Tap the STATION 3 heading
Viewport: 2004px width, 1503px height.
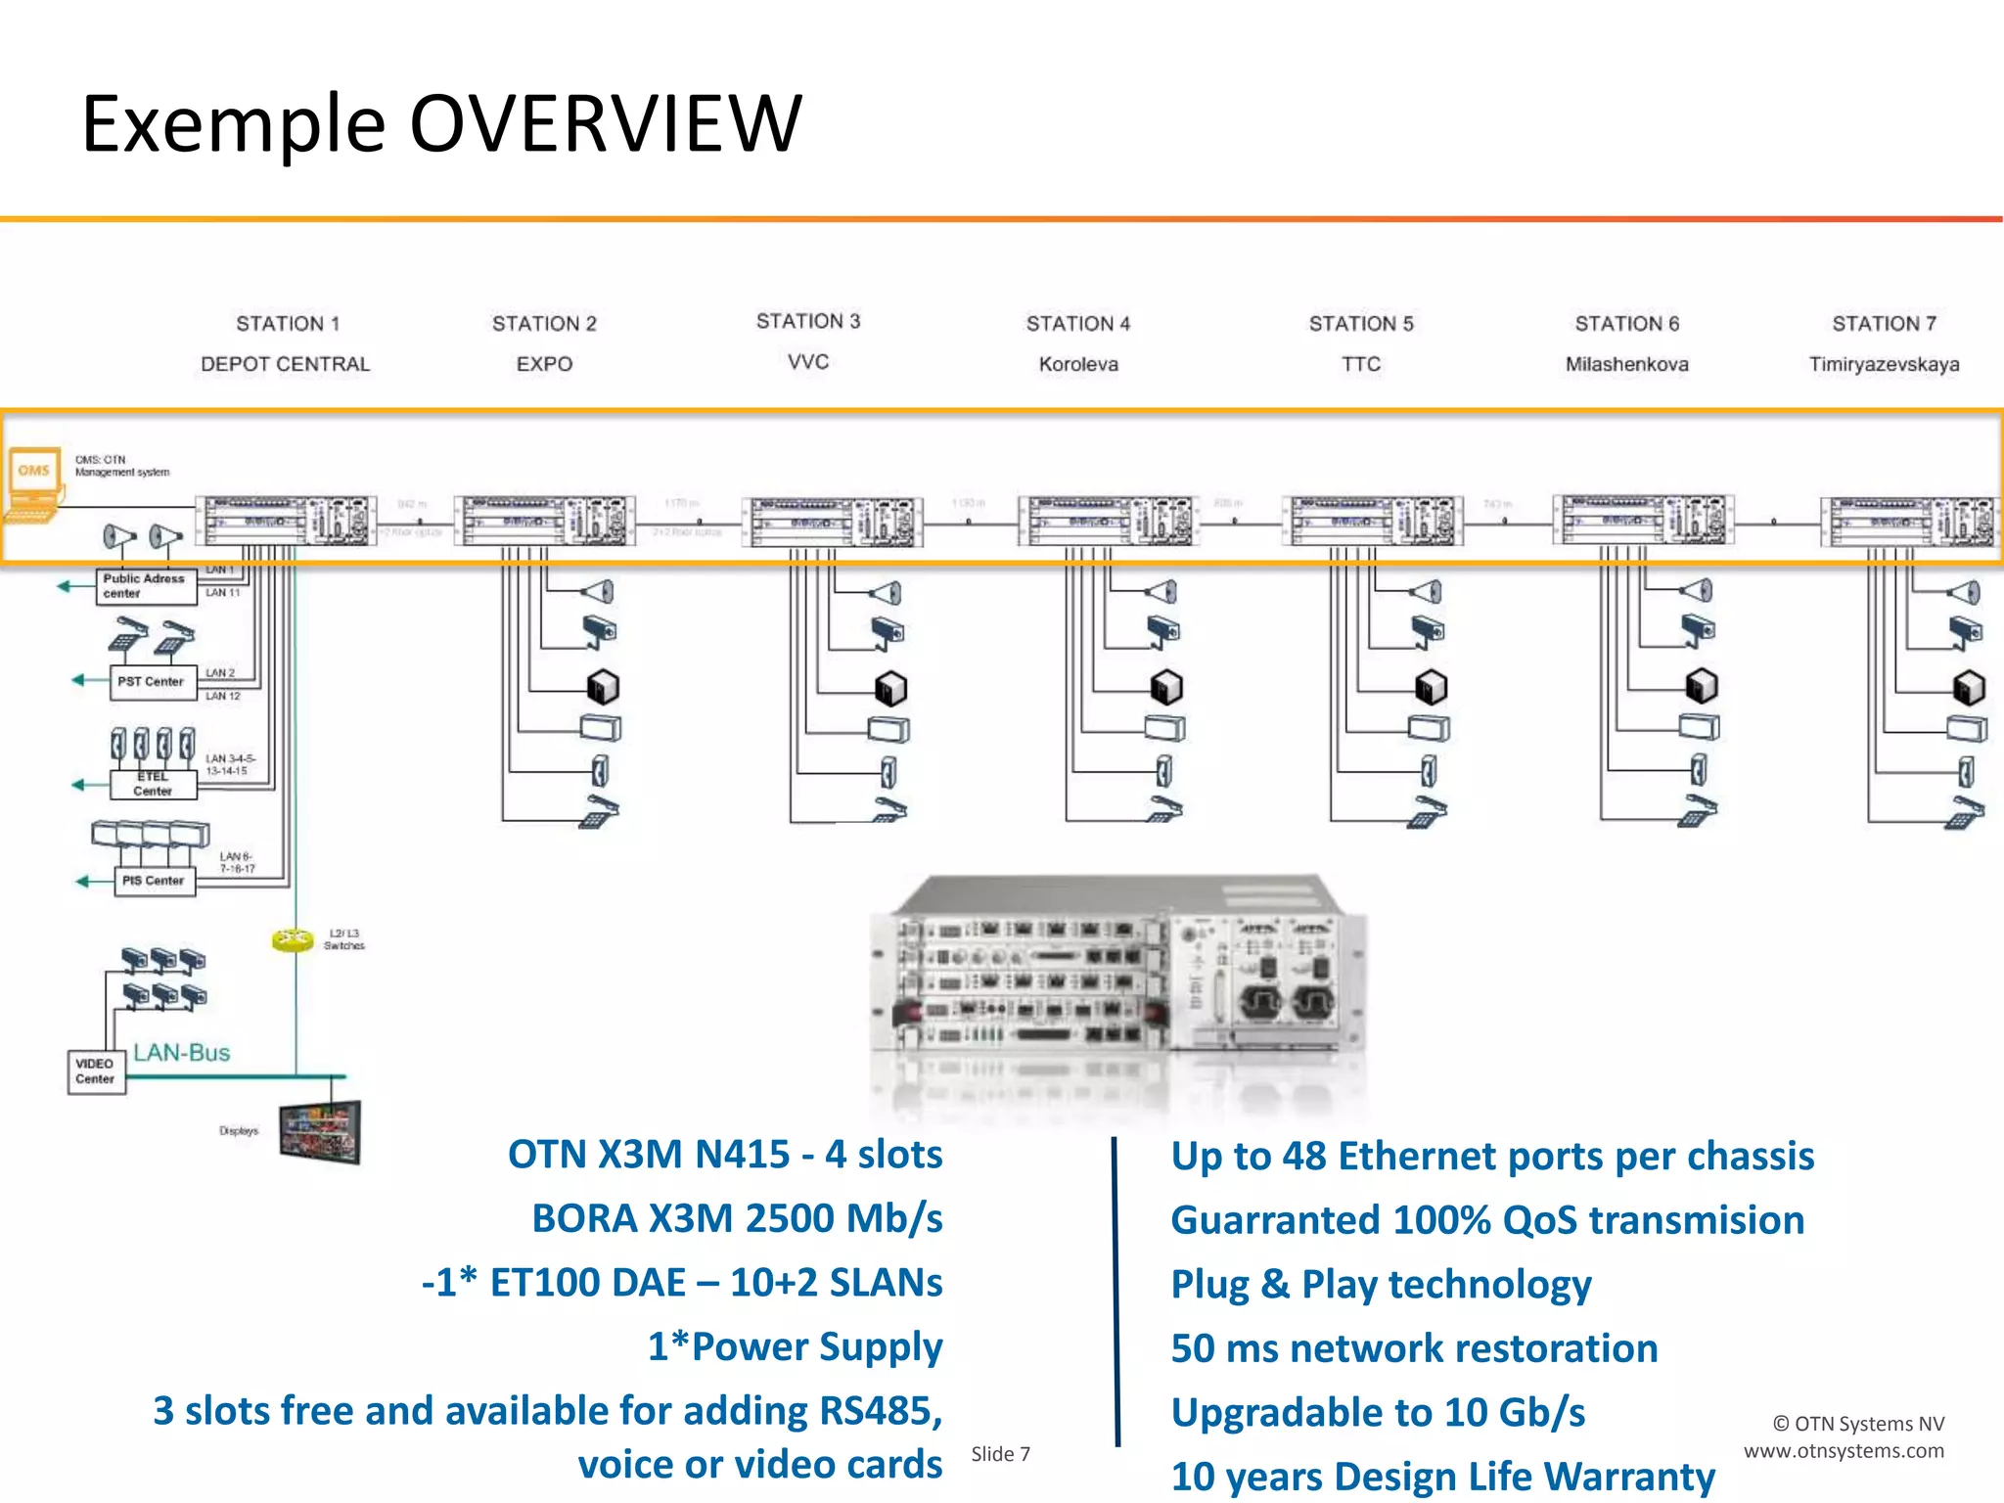[807, 321]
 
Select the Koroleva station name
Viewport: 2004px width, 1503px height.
[1077, 364]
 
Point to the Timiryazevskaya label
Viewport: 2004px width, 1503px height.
[1883, 364]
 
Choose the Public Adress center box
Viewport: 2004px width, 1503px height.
[145, 586]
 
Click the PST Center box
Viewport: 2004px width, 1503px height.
[151, 681]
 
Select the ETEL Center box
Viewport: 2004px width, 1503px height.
[153, 784]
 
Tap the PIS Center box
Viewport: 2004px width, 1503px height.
[154, 881]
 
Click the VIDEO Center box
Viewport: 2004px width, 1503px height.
[95, 1071]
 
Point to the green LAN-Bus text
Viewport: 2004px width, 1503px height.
[182, 1053]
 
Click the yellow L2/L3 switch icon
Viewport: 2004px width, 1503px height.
[292, 939]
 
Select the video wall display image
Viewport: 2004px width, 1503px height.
[320, 1132]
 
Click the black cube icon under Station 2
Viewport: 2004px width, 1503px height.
[602, 687]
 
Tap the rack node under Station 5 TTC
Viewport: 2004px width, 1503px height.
[1372, 520]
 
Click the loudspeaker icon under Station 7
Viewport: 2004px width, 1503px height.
[1963, 592]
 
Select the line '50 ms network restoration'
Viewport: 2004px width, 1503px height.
[1414, 1348]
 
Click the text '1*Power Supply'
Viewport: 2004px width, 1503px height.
[795, 1346]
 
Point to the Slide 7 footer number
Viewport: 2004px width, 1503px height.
[1000, 1454]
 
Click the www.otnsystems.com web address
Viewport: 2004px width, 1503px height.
[1844, 1451]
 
